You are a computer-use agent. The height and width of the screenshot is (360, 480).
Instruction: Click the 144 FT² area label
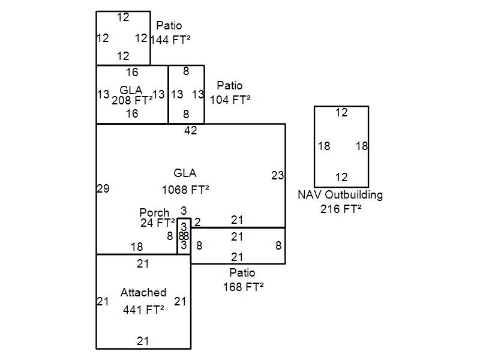(x=170, y=40)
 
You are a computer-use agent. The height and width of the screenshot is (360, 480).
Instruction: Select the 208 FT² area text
(x=132, y=100)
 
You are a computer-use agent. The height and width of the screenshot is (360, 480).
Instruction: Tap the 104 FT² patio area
(x=230, y=100)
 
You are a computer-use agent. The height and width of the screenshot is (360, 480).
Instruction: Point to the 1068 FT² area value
(x=185, y=190)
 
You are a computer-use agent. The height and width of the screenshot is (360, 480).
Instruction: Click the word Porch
(x=154, y=213)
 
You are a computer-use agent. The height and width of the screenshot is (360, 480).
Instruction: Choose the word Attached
(x=143, y=293)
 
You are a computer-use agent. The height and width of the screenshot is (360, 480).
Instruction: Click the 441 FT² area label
(x=143, y=310)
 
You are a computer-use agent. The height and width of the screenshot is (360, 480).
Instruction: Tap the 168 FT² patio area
(x=242, y=287)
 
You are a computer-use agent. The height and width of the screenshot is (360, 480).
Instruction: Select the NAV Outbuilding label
(x=340, y=195)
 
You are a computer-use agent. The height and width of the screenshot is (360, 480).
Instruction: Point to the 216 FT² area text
(x=340, y=209)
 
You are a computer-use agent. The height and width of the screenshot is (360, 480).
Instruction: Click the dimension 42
(x=191, y=130)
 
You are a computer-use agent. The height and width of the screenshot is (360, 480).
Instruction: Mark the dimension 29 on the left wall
(x=103, y=189)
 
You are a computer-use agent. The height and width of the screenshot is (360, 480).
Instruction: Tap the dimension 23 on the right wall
(x=277, y=176)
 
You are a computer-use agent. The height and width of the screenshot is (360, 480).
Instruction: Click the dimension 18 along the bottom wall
(x=137, y=247)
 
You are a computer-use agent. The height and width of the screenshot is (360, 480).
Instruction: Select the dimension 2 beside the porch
(x=197, y=222)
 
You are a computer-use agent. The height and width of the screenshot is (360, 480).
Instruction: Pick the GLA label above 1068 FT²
(x=185, y=173)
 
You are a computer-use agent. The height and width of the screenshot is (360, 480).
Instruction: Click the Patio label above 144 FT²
(x=169, y=26)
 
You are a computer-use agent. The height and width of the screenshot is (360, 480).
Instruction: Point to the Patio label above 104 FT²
(x=230, y=85)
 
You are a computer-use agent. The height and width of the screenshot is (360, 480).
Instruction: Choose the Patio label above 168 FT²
(x=242, y=273)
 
